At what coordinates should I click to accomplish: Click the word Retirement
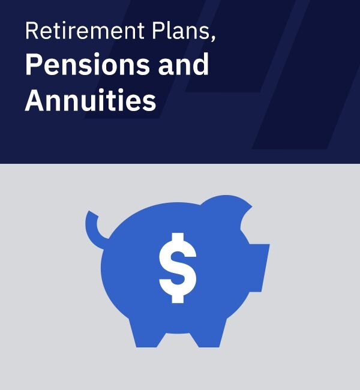(x=85, y=31)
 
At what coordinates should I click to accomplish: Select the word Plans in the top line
(x=181, y=31)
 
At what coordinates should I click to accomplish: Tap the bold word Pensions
(x=88, y=64)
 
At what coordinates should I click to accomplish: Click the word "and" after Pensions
(x=184, y=64)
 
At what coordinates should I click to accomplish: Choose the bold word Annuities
(x=91, y=100)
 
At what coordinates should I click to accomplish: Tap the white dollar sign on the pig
(x=178, y=268)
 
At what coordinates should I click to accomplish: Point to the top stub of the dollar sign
(x=178, y=238)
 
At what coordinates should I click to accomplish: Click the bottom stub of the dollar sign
(x=178, y=298)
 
